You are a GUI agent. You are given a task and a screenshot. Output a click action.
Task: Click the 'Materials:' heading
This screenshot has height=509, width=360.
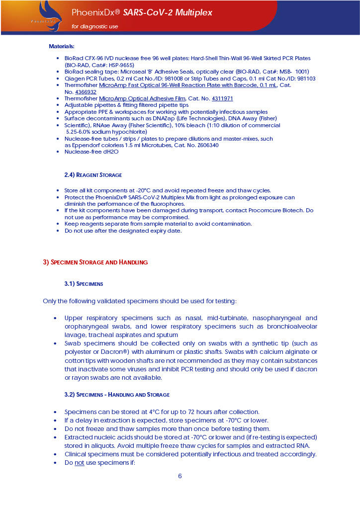61,46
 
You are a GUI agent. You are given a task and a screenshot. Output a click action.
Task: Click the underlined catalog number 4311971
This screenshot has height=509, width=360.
222,98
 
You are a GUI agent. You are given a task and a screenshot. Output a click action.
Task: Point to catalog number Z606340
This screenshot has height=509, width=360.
207,145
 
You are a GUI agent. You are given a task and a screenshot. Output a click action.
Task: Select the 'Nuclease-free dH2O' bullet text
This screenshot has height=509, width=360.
91,152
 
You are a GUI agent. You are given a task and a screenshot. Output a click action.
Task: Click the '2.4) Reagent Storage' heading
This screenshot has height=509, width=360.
93,175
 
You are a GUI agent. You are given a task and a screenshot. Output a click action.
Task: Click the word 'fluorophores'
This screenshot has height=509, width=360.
167,204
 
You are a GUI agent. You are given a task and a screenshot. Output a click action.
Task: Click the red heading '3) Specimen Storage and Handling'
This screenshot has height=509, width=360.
95,262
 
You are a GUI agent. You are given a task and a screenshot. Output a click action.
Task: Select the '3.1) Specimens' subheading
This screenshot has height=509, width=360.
84,284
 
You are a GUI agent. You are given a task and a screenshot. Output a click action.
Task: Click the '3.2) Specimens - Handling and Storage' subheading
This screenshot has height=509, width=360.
117,395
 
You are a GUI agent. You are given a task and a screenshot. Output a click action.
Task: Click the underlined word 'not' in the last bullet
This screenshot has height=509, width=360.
80,462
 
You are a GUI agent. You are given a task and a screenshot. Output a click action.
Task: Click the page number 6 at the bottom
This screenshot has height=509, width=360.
180,476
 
